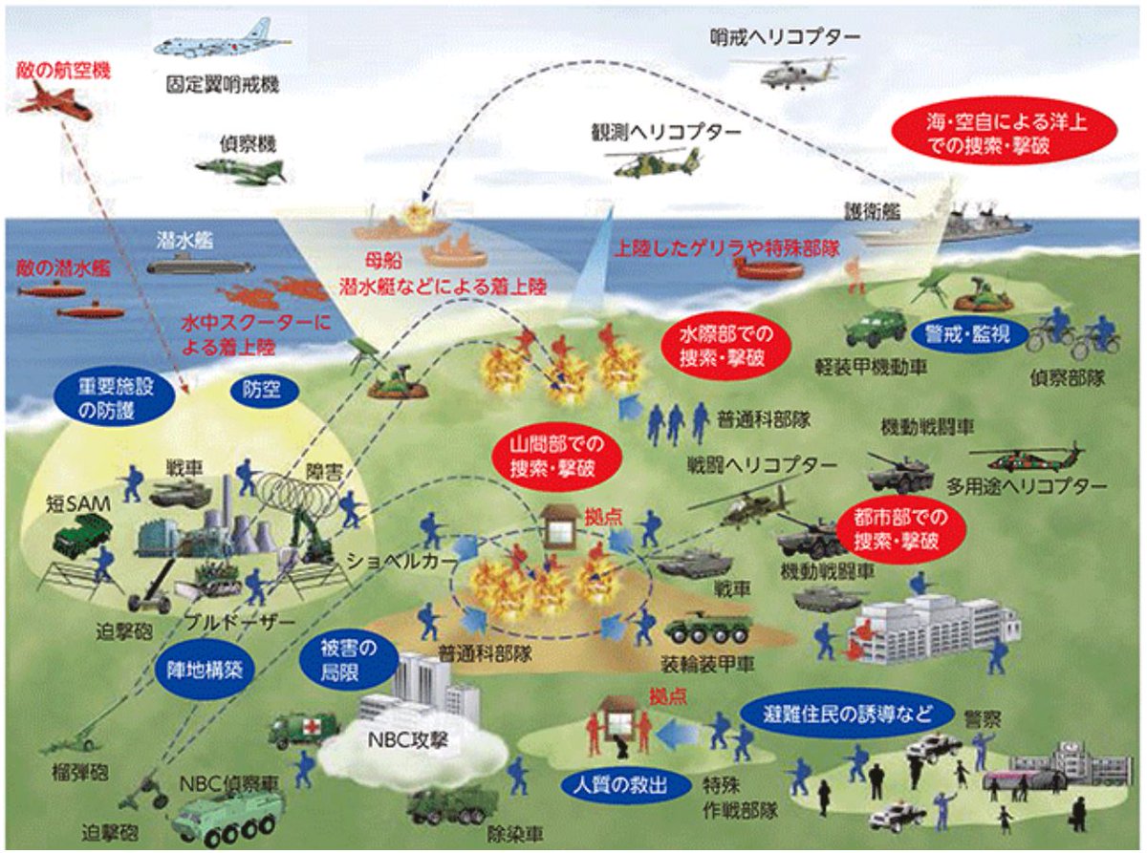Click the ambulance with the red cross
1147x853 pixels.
[304, 729]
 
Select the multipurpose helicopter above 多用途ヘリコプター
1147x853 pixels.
[1028, 458]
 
